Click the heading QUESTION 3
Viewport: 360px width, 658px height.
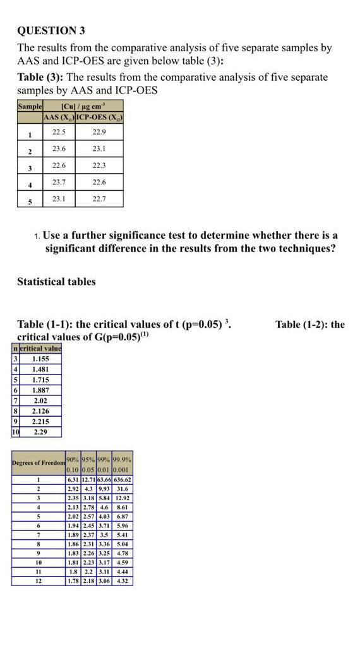(51, 30)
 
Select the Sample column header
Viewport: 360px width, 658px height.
(29, 106)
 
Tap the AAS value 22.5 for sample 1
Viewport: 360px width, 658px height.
(59, 131)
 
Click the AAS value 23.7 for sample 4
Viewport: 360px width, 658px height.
(59, 182)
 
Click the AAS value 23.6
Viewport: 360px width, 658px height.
(59, 148)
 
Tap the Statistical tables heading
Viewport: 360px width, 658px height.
(56, 282)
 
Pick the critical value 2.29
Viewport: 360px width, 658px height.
(40, 432)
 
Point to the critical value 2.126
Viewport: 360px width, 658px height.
(40, 411)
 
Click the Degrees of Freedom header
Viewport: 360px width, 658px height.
(39, 463)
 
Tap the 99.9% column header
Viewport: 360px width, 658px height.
(123, 458)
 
